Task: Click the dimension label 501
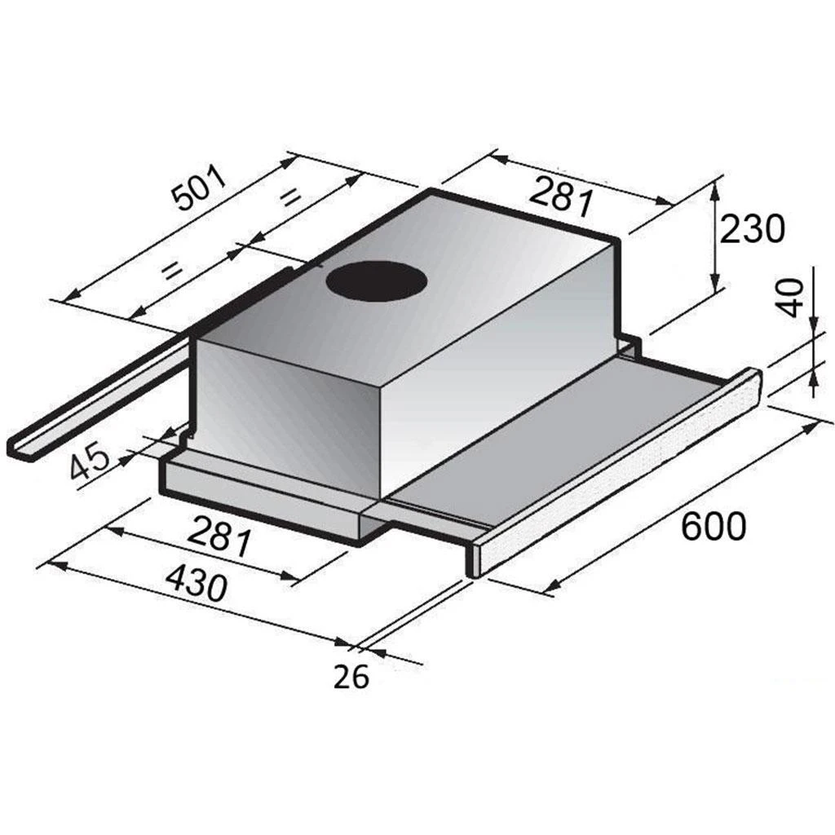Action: coord(201,188)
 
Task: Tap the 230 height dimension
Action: coord(752,229)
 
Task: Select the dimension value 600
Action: coord(714,527)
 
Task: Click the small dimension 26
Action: coord(351,676)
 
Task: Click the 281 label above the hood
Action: coord(561,195)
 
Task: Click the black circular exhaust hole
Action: coord(378,282)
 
